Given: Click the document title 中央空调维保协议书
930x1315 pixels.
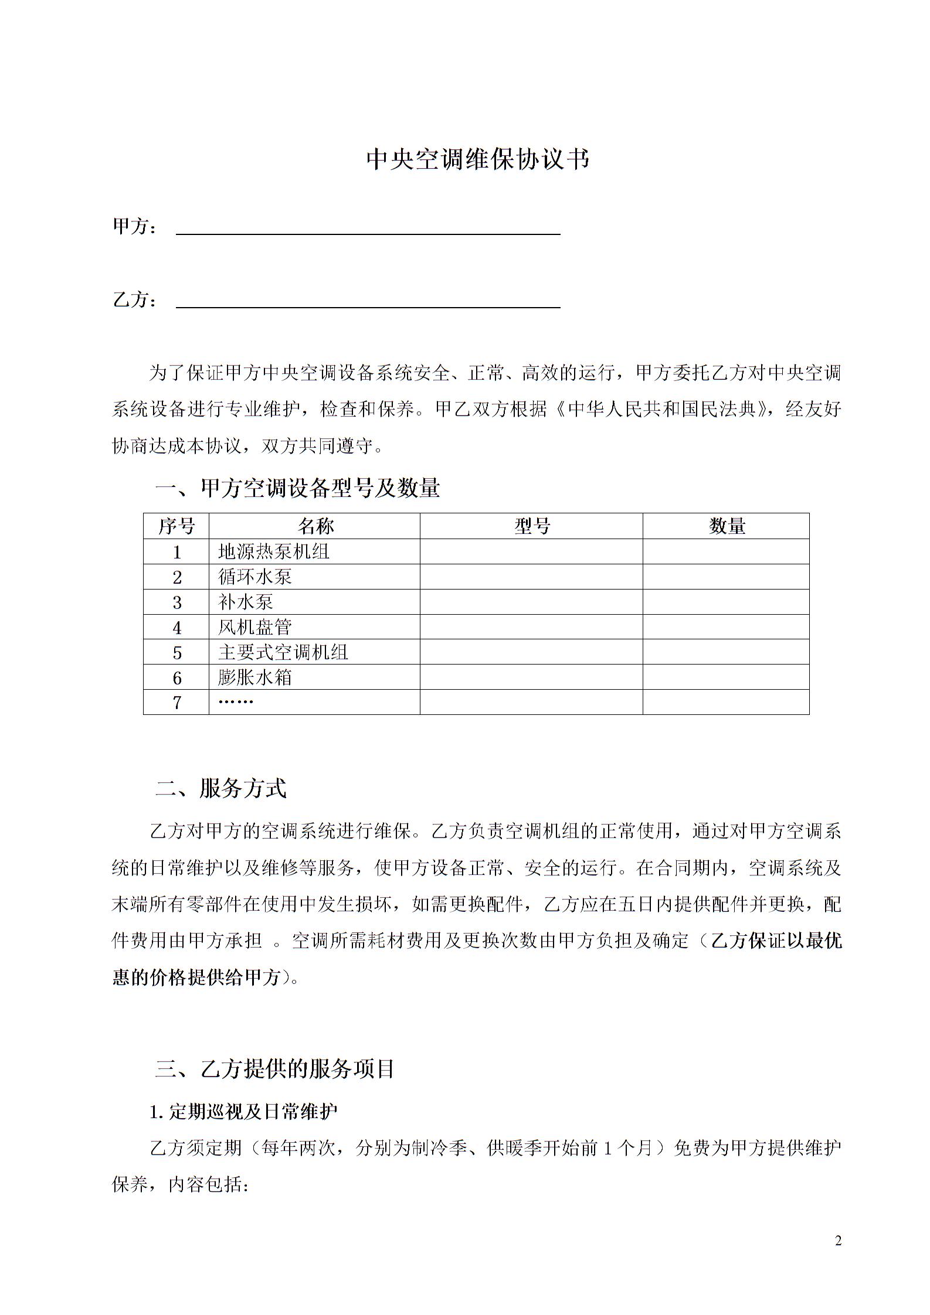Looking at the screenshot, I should coord(477,159).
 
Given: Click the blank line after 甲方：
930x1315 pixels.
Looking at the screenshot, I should coord(368,229).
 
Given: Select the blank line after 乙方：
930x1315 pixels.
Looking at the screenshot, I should coord(368,302).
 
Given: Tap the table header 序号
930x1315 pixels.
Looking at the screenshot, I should coord(176,526).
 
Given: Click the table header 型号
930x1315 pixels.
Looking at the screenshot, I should coord(532,526).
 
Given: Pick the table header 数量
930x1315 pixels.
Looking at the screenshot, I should coord(727,526).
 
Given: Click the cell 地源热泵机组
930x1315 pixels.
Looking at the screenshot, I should coord(274,552).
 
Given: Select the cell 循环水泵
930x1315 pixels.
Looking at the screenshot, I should coord(255,577).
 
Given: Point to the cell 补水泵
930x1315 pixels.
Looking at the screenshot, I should coord(246,602).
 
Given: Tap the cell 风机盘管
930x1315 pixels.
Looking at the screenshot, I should coord(255,628).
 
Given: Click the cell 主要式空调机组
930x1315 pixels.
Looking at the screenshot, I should coord(283,652).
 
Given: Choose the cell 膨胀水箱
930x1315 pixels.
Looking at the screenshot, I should coord(255,677).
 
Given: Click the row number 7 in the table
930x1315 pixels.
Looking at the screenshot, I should coord(177,703).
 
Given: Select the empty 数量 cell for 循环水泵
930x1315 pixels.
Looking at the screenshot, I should coord(726,577).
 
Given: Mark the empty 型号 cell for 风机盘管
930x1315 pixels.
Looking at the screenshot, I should coord(531,628).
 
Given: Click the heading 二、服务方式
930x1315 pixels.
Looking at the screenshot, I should coord(221,789).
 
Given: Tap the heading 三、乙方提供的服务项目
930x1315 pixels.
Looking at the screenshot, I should coord(275,1069).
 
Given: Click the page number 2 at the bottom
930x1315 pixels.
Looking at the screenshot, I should coord(838,1241).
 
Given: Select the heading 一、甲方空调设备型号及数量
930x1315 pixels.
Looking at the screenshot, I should coord(297,488).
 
